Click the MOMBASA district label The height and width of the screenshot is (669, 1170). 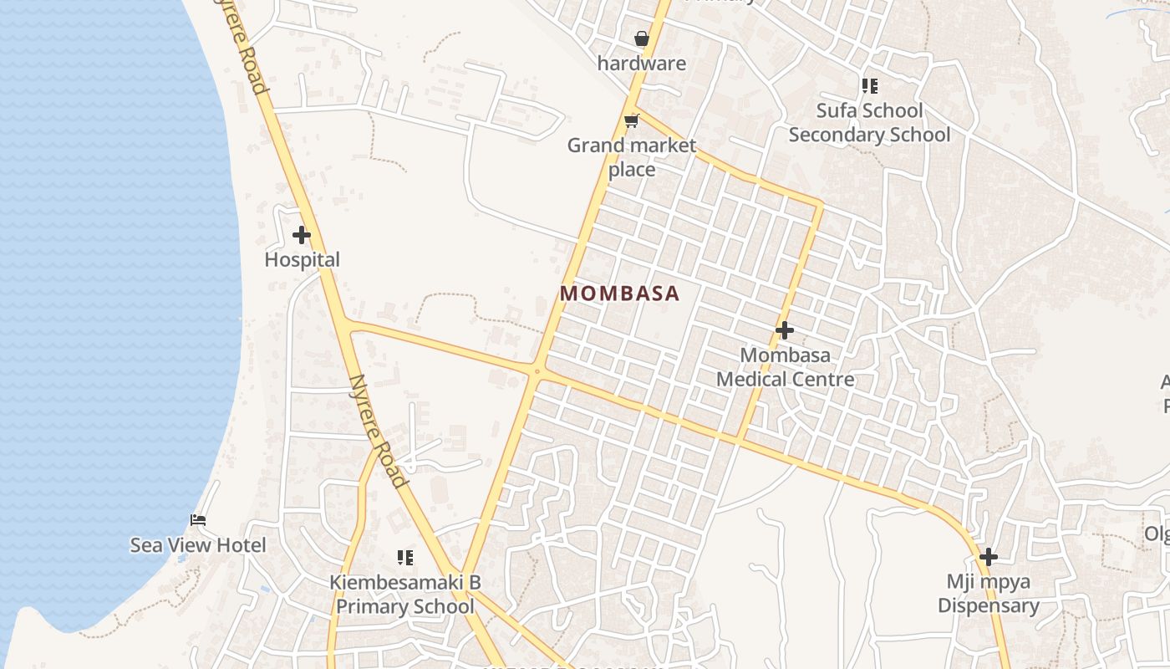click(x=619, y=294)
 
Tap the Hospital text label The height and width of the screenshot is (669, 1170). click(x=302, y=260)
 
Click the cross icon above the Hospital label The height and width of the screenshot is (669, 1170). click(x=302, y=236)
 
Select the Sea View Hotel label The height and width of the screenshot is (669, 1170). click(x=198, y=545)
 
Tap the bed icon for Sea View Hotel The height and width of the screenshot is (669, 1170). click(x=198, y=520)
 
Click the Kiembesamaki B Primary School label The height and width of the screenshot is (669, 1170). click(x=405, y=595)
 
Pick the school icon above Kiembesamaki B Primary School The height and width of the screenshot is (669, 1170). click(x=405, y=557)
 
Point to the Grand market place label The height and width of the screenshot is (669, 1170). click(x=632, y=157)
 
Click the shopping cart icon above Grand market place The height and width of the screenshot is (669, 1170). click(x=632, y=121)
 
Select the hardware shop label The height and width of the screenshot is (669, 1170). click(x=641, y=64)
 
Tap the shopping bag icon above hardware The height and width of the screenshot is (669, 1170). click(x=641, y=38)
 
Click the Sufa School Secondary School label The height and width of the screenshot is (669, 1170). click(x=869, y=123)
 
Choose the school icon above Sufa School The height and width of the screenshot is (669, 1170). click(x=870, y=86)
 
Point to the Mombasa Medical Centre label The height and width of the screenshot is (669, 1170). click(x=786, y=367)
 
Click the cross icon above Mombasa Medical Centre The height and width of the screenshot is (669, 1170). click(x=784, y=330)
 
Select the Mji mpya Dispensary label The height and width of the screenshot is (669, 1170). click(x=989, y=594)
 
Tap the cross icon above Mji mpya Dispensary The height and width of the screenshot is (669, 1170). click(x=989, y=557)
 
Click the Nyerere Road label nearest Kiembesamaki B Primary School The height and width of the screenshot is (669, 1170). click(x=379, y=430)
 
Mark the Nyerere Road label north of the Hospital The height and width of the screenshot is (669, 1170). click(x=248, y=50)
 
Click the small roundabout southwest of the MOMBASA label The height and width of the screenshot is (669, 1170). click(x=536, y=370)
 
